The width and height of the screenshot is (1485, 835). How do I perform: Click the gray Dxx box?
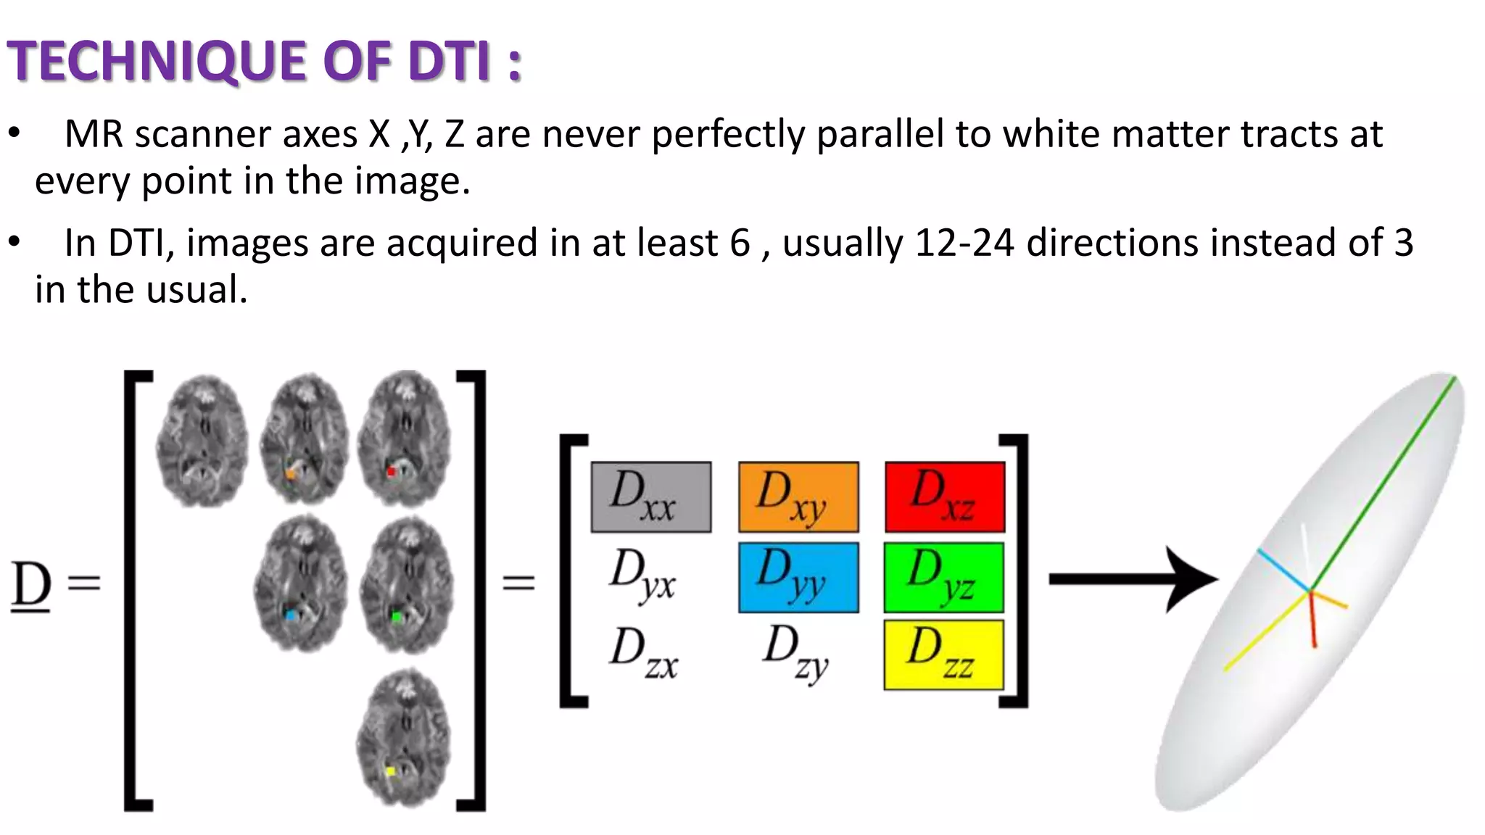click(x=650, y=497)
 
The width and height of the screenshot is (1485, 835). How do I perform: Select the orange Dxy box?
click(x=798, y=497)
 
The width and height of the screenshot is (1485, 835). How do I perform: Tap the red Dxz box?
click(x=945, y=497)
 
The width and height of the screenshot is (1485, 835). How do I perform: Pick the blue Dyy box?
click(x=798, y=578)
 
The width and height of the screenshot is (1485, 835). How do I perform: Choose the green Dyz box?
click(x=943, y=578)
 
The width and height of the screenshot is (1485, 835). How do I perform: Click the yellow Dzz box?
click(x=943, y=655)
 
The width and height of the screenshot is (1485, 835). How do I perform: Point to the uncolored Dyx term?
click(x=642, y=576)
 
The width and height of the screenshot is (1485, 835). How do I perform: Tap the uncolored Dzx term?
click(x=644, y=653)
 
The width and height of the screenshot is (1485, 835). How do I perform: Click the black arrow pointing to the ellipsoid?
click(x=1131, y=578)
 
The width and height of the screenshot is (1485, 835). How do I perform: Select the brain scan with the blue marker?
click(x=300, y=583)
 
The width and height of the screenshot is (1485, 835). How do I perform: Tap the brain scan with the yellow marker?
click(x=404, y=738)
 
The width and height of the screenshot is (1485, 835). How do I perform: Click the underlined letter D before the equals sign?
click(x=31, y=586)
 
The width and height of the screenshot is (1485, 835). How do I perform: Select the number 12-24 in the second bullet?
click(x=964, y=243)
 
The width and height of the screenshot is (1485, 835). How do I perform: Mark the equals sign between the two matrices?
click(x=519, y=583)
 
